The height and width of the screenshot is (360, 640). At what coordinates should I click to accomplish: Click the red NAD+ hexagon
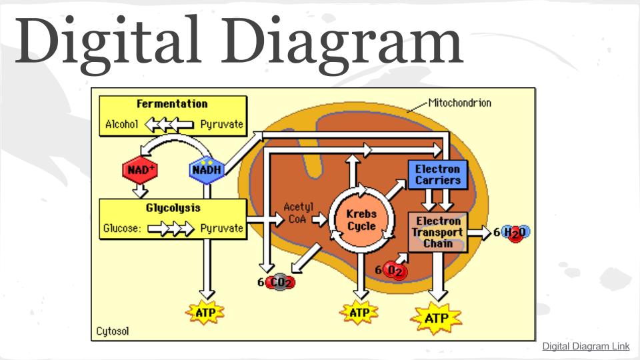pos(139,170)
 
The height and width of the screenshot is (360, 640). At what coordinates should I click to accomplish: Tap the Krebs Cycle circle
pos(361,221)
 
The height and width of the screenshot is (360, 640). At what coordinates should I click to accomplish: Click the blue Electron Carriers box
pos(437,175)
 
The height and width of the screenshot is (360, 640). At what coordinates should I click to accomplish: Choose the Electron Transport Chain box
pos(438,232)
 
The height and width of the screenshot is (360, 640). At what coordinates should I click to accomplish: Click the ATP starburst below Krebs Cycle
pos(359,312)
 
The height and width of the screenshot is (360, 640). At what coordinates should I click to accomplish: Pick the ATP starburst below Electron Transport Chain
pos(437,318)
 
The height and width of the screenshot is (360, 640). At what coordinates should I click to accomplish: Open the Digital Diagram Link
pos(585,347)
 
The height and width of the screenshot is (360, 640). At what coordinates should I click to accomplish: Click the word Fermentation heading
pos(172,104)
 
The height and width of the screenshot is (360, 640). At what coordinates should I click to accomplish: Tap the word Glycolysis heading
pos(173,207)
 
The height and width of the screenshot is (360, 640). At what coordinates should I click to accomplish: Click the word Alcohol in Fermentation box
pos(121,124)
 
